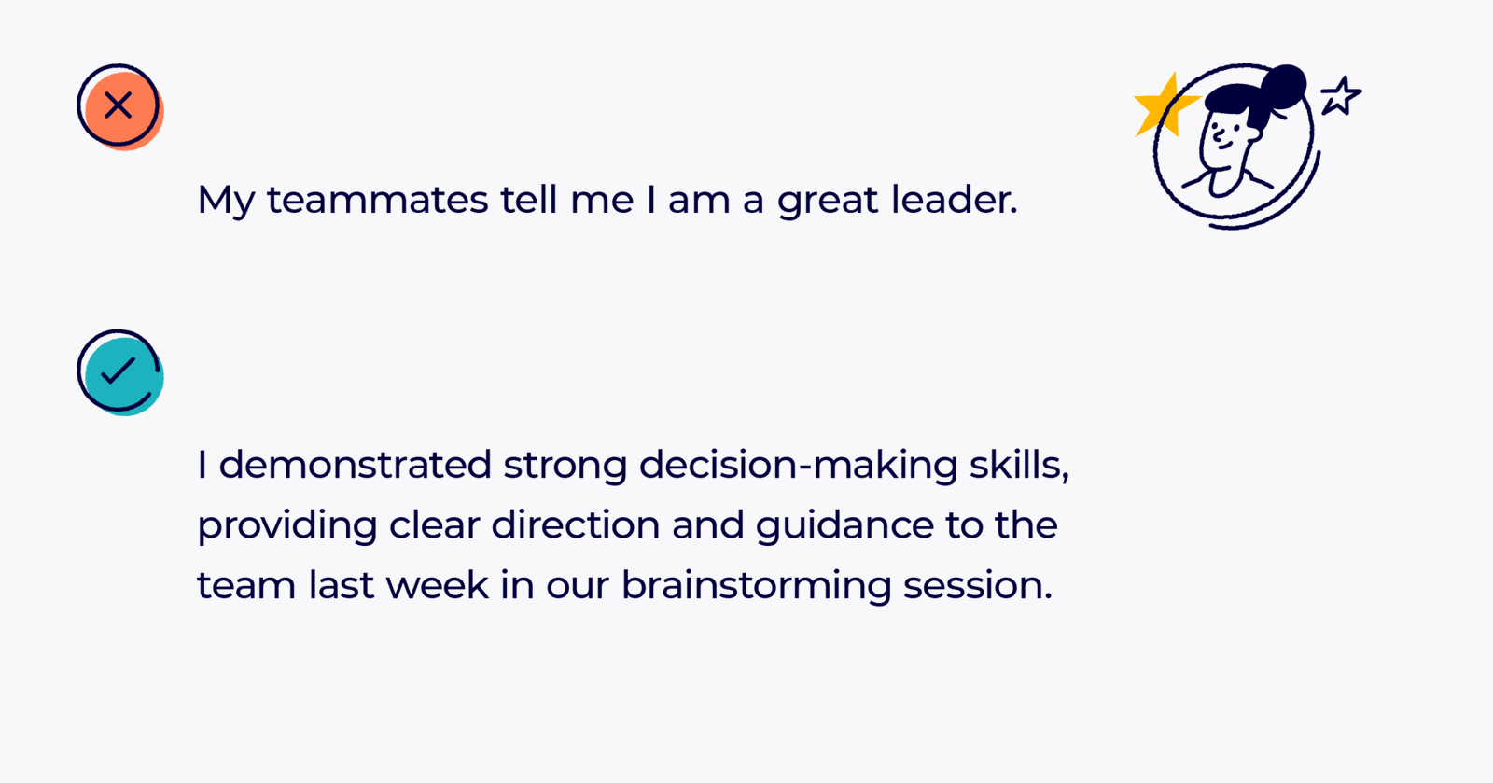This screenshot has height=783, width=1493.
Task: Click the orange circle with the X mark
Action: pos(119,105)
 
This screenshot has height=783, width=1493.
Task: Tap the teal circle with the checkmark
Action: pos(119,371)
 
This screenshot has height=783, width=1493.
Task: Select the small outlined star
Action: pos(1341,96)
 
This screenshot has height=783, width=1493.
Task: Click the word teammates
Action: pos(377,200)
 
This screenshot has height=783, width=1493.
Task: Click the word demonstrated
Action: pos(355,465)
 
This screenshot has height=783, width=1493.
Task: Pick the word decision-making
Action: pos(798,465)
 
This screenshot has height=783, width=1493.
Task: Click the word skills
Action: pos(1018,465)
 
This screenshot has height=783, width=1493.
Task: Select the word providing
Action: pos(286,526)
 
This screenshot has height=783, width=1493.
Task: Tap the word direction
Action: pos(576,525)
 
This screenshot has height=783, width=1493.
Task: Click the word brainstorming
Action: pos(757,586)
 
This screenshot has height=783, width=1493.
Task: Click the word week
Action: pos(437,586)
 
